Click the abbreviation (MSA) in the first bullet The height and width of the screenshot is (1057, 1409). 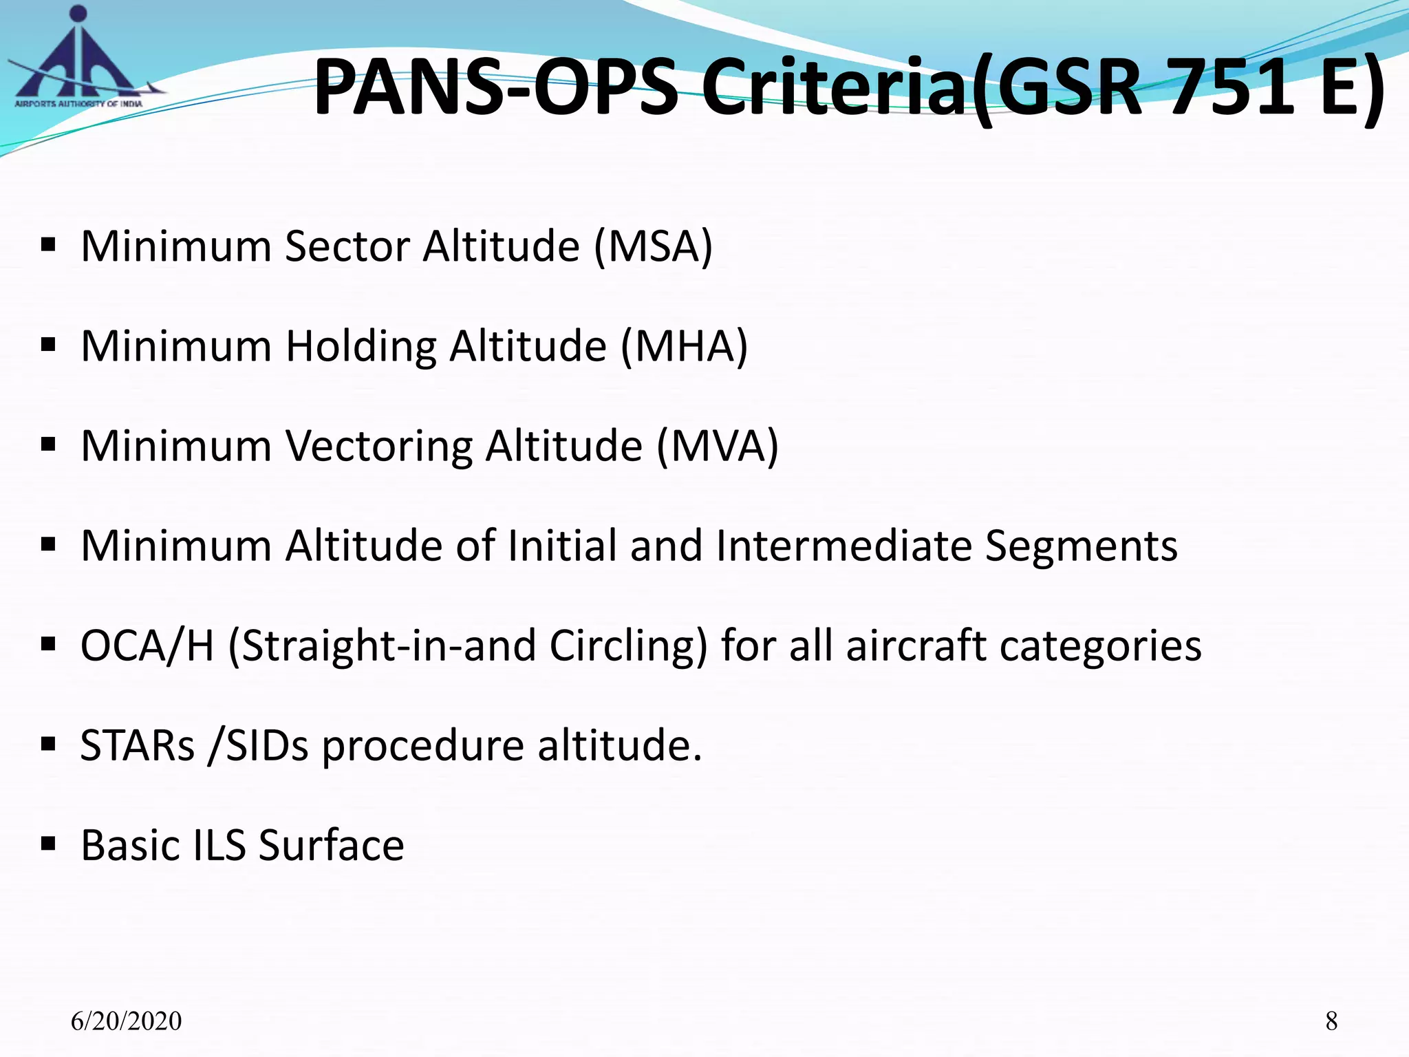tap(654, 246)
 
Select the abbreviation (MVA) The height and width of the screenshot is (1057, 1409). tap(717, 446)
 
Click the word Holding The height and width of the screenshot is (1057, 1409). tap(361, 346)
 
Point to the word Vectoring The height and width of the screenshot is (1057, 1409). tap(378, 446)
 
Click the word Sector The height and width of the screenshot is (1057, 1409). tap(347, 246)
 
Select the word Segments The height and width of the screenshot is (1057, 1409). tap(1081, 546)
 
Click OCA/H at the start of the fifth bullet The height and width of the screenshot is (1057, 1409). tap(147, 646)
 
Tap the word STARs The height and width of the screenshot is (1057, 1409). tap(138, 745)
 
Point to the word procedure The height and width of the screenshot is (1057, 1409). tap(422, 745)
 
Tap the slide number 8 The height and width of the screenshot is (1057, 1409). tap(1331, 1021)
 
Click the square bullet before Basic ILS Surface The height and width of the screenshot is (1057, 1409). tap(47, 844)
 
